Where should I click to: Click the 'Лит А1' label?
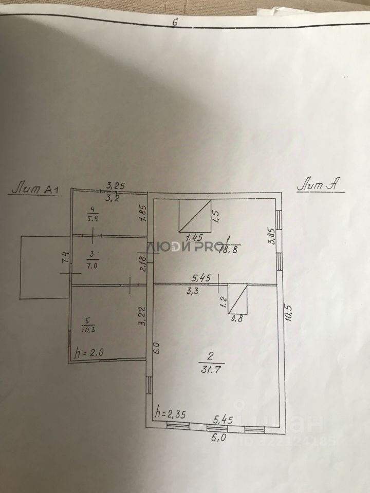click(35, 189)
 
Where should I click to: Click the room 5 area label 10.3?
click(88, 325)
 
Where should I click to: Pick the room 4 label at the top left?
click(92, 213)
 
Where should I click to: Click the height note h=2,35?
click(170, 412)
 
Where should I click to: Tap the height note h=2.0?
click(89, 353)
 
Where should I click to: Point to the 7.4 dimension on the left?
click(64, 258)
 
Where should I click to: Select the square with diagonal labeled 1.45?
click(195, 215)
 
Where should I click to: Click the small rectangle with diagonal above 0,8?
click(238, 299)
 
